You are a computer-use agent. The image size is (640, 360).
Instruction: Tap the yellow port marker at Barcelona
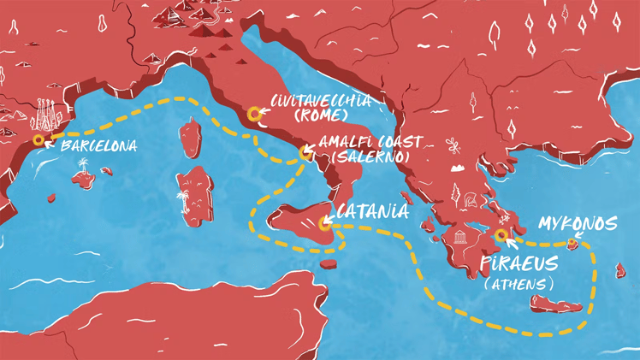point(38,139)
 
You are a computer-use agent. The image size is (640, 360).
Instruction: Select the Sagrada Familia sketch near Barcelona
point(45,116)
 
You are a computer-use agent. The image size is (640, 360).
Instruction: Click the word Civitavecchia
point(321,101)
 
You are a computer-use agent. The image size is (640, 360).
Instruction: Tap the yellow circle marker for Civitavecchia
point(254,114)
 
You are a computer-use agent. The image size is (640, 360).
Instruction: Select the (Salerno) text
point(368,158)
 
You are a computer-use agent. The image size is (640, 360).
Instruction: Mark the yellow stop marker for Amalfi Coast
point(305,153)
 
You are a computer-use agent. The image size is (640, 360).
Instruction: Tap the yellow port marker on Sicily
point(323,225)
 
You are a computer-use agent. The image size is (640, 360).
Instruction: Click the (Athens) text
point(519,282)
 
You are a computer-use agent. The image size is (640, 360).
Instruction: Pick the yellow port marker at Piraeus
point(501,235)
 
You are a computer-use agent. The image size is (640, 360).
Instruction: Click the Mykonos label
point(578,223)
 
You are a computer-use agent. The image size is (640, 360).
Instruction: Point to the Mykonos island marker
point(574,245)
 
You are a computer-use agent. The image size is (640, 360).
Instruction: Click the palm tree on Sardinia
point(183,203)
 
